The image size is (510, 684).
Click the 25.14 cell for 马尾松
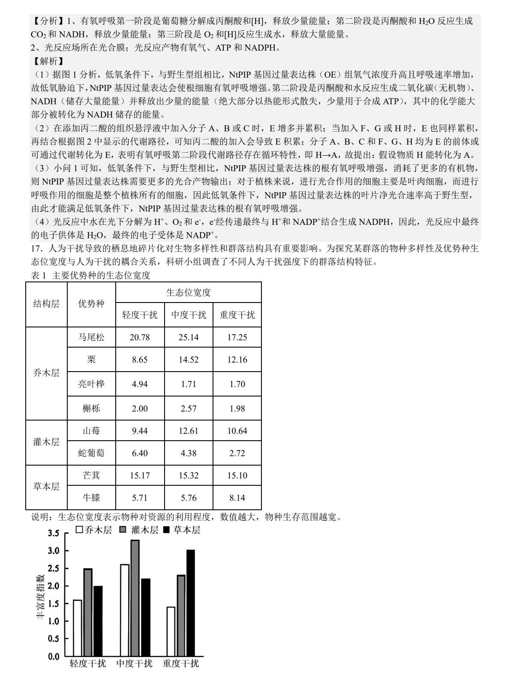189,337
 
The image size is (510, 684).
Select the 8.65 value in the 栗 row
140,360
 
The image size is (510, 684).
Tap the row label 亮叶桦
91,384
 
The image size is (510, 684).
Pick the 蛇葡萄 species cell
91,453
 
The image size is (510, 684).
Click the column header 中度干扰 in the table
189,315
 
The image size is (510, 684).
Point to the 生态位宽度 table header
189,293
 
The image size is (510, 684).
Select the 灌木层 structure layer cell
46,442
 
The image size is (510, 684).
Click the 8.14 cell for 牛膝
237,498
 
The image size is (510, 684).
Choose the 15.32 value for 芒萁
189,475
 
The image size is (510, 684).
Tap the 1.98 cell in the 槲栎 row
237,409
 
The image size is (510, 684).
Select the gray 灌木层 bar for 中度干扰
135,598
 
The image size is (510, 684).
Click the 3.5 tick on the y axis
54,533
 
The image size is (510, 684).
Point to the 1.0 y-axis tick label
54,621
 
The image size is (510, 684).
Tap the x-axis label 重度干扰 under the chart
180,663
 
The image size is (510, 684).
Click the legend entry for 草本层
182,530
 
